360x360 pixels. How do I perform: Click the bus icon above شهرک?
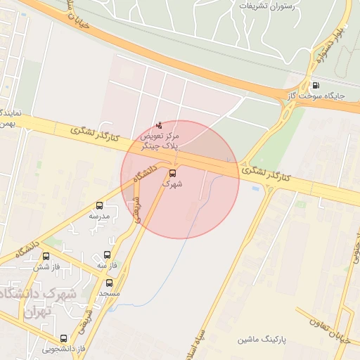coord(172,172)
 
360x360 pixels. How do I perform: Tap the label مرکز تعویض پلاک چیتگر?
coord(160,140)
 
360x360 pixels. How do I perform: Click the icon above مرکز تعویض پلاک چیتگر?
coord(160,125)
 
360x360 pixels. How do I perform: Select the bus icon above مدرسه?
coord(99,207)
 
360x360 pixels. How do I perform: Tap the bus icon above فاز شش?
coord(46,257)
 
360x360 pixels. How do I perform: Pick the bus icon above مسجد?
coord(110,282)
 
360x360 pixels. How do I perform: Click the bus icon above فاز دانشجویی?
coord(64,338)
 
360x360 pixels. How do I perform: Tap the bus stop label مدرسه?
coord(98,217)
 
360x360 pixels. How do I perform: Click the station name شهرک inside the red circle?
coord(172,184)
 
